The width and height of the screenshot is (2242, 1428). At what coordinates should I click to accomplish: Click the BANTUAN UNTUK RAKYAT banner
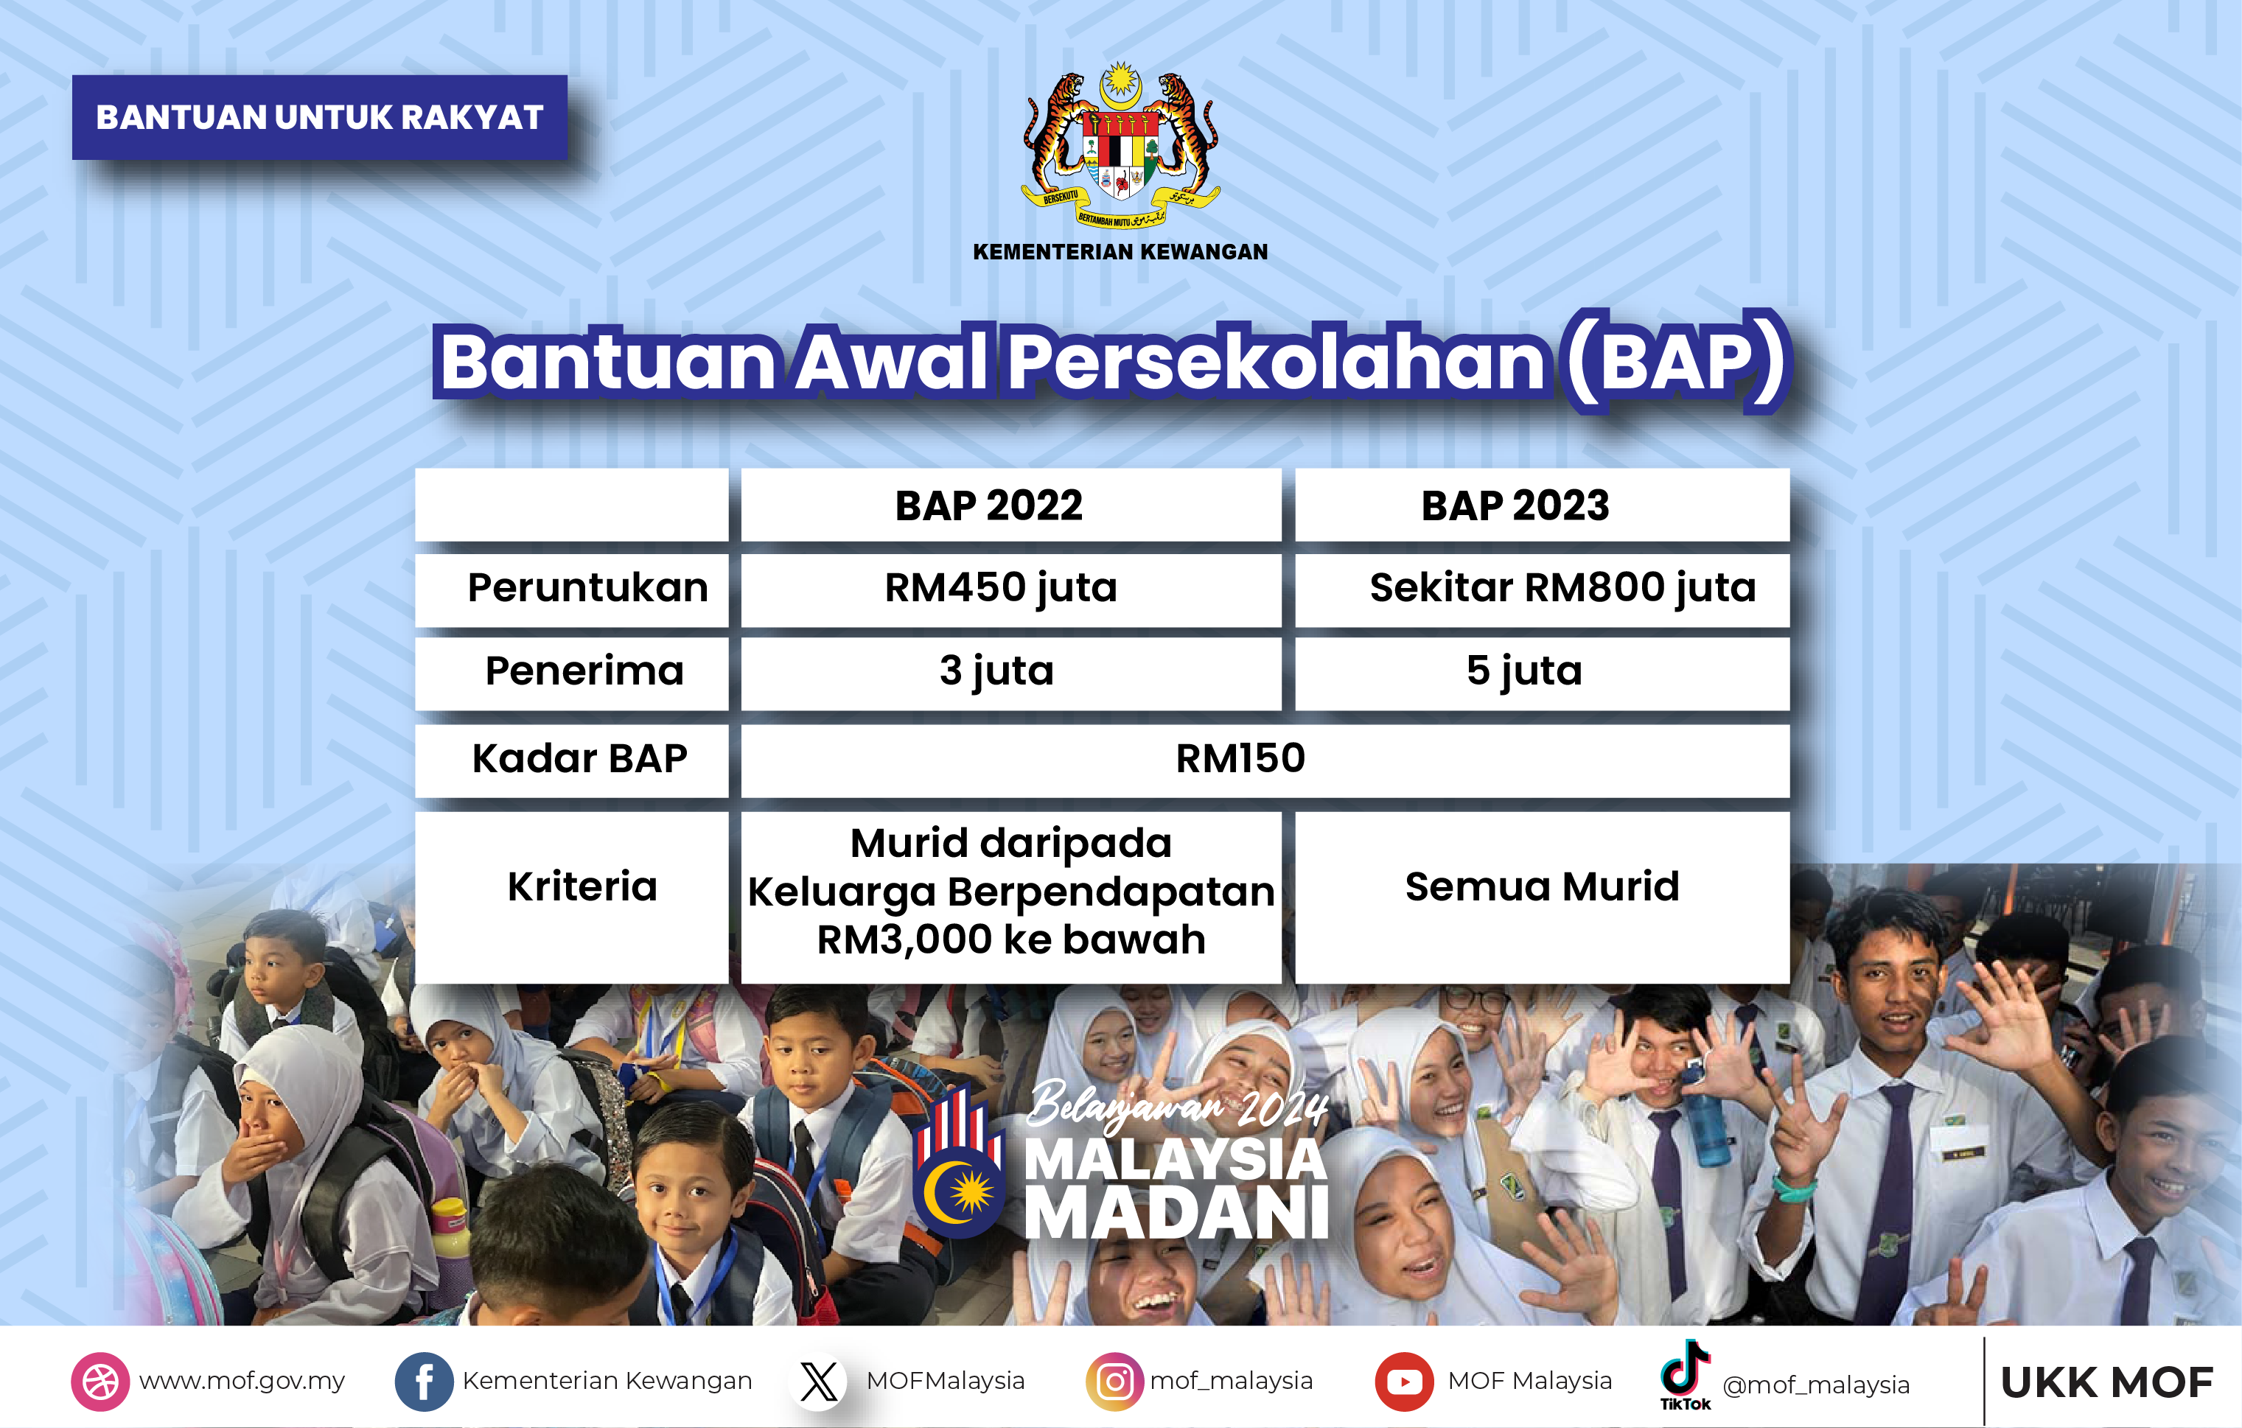coord(319,117)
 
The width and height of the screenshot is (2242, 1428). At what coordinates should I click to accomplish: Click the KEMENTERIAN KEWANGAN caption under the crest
coord(1120,252)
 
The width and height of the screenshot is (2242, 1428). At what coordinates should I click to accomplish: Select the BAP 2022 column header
coord(989,505)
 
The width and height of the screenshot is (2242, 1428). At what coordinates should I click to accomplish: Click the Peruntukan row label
coord(587,588)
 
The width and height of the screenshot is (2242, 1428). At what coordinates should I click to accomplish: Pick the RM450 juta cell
coord(1001,588)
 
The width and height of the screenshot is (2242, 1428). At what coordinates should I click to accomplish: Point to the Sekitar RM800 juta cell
coord(1562,588)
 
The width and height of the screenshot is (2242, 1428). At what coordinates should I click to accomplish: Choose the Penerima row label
coord(584,671)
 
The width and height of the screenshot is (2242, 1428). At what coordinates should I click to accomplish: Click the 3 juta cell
coord(996,671)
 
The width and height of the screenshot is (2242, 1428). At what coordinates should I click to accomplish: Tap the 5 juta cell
coord(1524,671)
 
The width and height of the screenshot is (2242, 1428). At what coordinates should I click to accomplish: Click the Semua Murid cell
coord(1542,887)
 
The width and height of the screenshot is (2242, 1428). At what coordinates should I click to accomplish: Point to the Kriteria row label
coord(582,887)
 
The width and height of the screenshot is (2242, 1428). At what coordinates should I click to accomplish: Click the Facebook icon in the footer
coord(424,1382)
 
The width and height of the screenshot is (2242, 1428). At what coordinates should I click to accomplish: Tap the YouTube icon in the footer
coord(1404,1382)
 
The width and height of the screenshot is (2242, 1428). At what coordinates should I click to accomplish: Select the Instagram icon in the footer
coord(1114,1382)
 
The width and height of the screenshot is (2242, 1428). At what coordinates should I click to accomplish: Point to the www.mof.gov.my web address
coord(242,1382)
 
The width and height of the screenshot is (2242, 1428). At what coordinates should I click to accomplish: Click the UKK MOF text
coord(2107,1383)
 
